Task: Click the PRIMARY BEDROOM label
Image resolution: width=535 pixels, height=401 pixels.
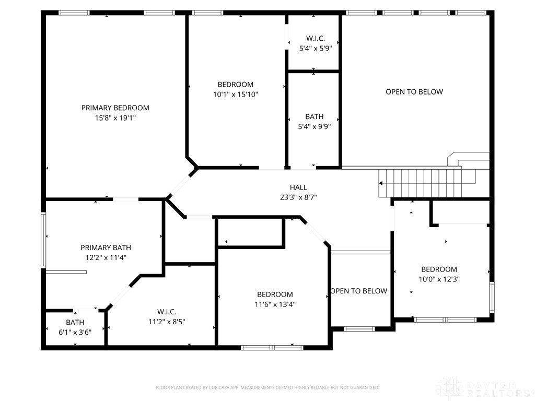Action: coord(115,108)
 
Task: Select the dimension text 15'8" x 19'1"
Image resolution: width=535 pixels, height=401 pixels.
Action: coord(115,118)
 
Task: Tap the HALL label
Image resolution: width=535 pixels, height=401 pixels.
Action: coord(298,187)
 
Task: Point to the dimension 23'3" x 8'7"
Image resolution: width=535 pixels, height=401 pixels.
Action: coord(298,197)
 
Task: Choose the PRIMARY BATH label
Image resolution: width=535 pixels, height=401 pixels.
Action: coord(106,247)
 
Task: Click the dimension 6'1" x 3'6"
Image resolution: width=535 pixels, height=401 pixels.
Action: coord(75,332)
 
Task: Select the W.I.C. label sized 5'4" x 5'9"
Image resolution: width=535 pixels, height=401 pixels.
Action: coord(316,38)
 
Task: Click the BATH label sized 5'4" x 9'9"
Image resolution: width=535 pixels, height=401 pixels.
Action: coord(314,116)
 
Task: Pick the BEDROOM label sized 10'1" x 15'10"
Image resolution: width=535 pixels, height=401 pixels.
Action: coord(236,85)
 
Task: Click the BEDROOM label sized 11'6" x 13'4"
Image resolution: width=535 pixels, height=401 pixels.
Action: coord(275,294)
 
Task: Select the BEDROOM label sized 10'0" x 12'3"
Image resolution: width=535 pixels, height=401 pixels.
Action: coord(439,269)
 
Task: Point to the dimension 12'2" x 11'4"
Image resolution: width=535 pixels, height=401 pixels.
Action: coord(106,257)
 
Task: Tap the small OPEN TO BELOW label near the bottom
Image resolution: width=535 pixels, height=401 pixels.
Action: coord(359,291)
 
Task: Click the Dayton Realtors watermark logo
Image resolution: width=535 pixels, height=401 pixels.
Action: coord(483,389)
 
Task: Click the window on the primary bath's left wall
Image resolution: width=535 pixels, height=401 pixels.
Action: coord(43,240)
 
